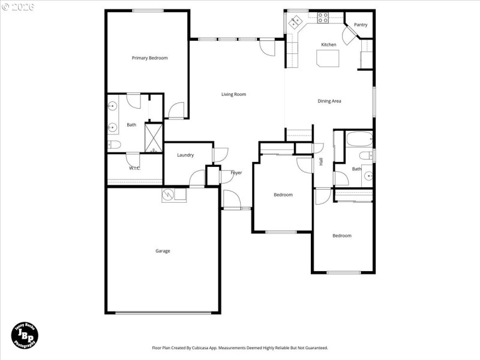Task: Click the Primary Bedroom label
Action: pos(149,58)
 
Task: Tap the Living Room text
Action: pos(233,94)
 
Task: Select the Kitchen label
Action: pos(328,45)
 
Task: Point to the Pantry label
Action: pos(361,25)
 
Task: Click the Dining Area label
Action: pos(329,101)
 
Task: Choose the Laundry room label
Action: pos(185,155)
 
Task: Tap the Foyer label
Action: pos(236,173)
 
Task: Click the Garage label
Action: pos(163,251)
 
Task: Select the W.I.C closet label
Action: pos(134,168)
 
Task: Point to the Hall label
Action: pos(321,161)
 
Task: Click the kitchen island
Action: pos(328,59)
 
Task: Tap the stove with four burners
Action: pos(322,18)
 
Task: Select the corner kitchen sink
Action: pos(295,22)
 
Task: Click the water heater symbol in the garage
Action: pos(167,195)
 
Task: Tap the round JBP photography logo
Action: pos(25,334)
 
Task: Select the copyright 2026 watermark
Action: pos(18,7)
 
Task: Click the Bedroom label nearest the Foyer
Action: pos(283,195)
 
